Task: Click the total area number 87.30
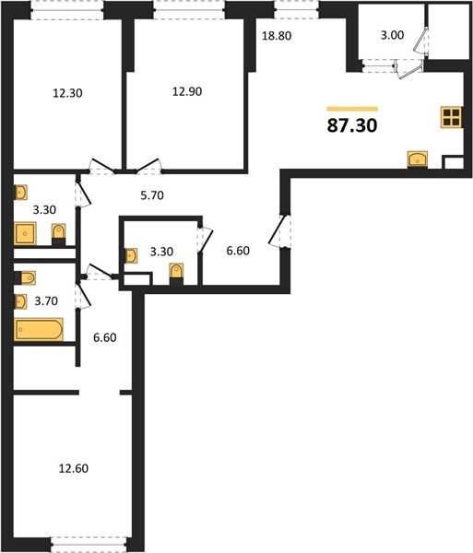(x=352, y=125)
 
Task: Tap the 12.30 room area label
(x=67, y=93)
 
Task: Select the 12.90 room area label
(x=187, y=91)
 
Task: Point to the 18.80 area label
(x=277, y=36)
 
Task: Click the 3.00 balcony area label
(x=392, y=35)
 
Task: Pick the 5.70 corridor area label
(x=152, y=195)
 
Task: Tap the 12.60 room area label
(x=74, y=468)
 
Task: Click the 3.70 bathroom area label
(x=46, y=300)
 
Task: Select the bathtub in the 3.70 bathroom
(x=39, y=329)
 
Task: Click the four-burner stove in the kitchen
(x=452, y=117)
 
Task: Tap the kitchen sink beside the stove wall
(x=418, y=159)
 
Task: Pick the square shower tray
(x=25, y=233)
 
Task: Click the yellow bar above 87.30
(x=352, y=109)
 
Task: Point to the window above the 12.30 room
(x=67, y=9)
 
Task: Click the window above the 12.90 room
(x=189, y=9)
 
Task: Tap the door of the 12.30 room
(x=102, y=166)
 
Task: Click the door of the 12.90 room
(x=148, y=166)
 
